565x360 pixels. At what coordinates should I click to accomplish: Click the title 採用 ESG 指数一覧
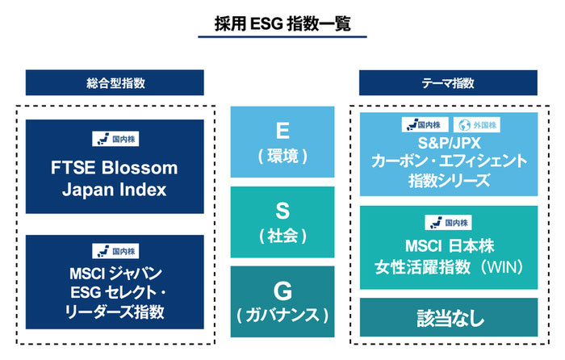(282, 23)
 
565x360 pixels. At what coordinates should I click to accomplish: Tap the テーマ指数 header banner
(448, 82)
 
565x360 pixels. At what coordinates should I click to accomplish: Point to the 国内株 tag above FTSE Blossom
(115, 138)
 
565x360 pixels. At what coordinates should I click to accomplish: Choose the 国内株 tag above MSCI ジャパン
(115, 250)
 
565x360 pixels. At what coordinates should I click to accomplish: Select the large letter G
(282, 290)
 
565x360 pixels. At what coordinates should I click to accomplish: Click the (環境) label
(282, 155)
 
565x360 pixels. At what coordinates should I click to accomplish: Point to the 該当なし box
(448, 317)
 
